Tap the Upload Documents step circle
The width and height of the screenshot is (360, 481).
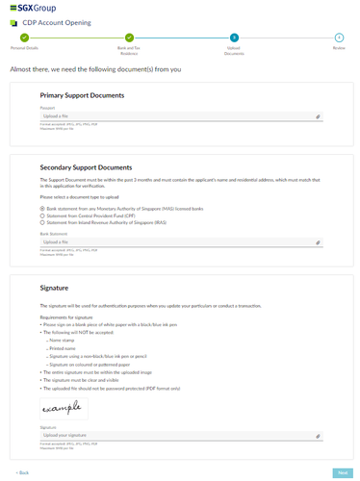(234, 37)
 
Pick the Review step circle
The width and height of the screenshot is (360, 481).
(339, 37)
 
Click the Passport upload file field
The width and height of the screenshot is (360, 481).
(173, 116)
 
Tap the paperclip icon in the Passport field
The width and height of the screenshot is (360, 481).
(318, 116)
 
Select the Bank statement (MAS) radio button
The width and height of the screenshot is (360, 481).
(42, 208)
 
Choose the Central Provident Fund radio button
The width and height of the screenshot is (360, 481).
(42, 215)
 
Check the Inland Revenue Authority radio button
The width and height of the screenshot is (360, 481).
(42, 221)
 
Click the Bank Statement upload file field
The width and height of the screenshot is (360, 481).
(173, 242)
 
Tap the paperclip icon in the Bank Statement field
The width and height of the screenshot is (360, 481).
(318, 242)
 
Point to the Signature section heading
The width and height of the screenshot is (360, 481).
(55, 287)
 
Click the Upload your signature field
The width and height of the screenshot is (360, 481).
(173, 435)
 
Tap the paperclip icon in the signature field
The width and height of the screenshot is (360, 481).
(318, 435)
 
